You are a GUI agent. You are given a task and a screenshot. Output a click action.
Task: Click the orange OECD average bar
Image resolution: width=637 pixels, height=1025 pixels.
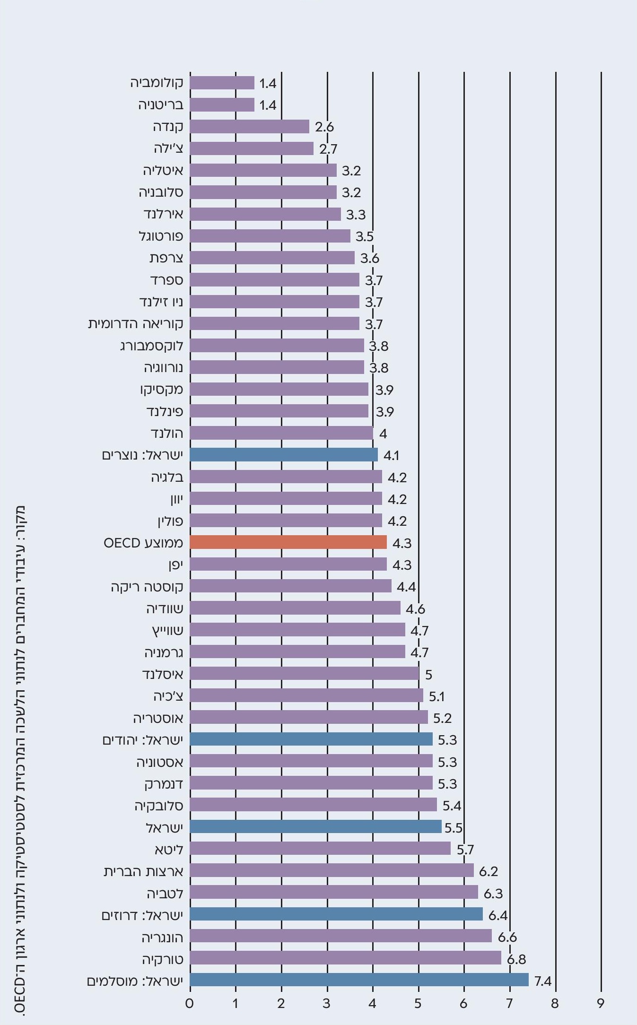[x=288, y=542]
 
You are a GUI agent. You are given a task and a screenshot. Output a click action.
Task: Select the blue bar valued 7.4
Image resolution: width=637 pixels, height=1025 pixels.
[x=359, y=980]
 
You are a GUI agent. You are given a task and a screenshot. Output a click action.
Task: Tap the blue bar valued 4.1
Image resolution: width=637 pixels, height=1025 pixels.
[x=284, y=455]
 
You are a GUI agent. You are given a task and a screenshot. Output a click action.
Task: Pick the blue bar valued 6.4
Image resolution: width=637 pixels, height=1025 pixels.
[x=336, y=914]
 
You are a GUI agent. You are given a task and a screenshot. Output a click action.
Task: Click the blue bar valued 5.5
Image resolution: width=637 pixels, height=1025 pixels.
[x=315, y=827]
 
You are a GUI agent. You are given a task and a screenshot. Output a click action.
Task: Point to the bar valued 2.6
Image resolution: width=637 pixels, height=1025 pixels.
[x=249, y=127]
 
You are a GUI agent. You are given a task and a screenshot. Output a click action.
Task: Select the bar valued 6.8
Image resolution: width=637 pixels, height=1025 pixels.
[x=345, y=958]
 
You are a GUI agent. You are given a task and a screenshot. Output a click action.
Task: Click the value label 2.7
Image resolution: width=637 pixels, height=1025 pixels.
[x=328, y=149]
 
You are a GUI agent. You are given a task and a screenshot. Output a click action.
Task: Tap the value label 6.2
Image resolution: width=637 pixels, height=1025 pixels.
[x=489, y=871]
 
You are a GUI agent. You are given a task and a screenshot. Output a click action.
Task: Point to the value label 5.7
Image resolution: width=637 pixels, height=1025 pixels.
[x=465, y=849]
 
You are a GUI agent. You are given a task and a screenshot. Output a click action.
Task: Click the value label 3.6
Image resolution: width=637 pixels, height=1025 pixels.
[x=370, y=258]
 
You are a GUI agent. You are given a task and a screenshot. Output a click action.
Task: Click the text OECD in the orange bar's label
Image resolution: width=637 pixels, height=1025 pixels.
[x=122, y=543]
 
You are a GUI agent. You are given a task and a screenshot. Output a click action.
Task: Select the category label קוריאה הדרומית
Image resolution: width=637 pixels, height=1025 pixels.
[x=135, y=324]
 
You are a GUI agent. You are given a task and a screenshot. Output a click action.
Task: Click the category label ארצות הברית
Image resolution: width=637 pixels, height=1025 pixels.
[x=143, y=871]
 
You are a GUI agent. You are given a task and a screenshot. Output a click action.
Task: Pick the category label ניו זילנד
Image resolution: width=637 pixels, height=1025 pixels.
[x=161, y=302]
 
